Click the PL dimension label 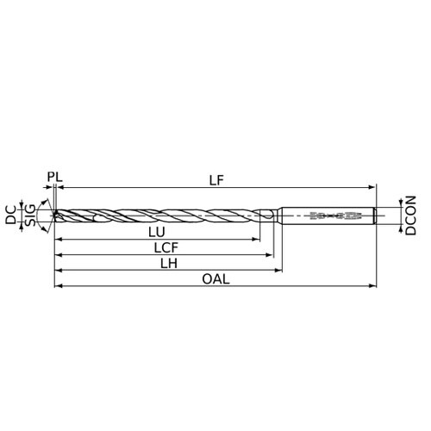[x=55, y=177]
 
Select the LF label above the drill [x=216, y=180]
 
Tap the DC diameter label [x=11, y=215]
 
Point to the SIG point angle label [x=30, y=215]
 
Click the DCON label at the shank [x=410, y=215]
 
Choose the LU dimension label [x=157, y=232]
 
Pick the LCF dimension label [x=166, y=248]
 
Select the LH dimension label [x=169, y=264]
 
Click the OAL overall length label [x=215, y=279]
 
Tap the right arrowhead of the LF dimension [x=372, y=187]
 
